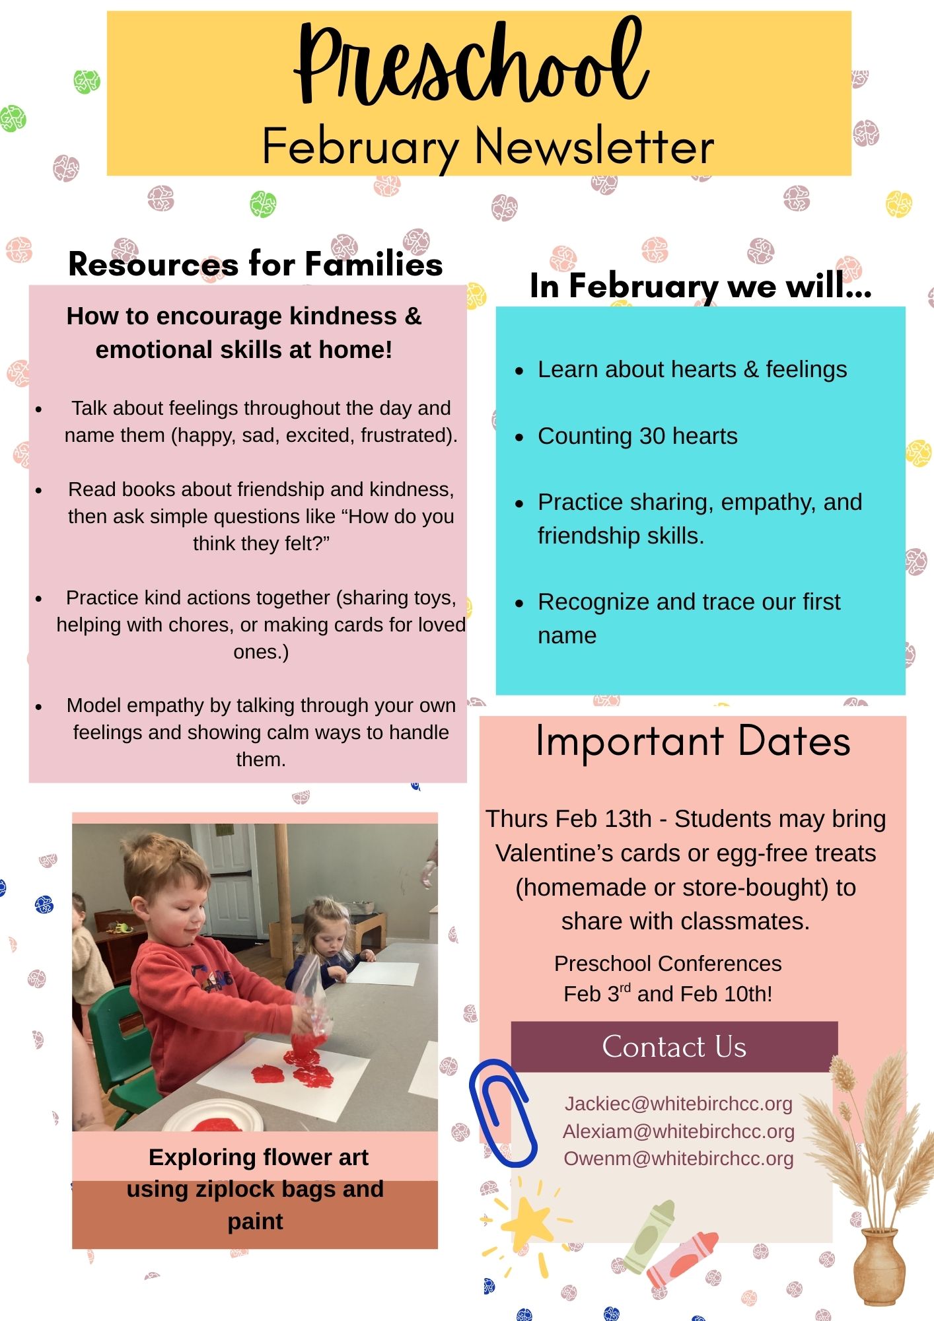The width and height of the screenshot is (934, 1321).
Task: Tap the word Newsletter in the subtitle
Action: [594, 147]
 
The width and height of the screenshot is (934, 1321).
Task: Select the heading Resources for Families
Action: [256, 264]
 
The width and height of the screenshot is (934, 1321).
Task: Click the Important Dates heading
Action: [693, 741]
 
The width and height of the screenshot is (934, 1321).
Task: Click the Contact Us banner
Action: [674, 1046]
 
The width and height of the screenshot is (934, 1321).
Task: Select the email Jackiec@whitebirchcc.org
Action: [678, 1104]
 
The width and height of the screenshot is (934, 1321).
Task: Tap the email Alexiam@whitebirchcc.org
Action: [678, 1131]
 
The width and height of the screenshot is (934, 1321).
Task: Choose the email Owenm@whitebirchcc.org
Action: [678, 1159]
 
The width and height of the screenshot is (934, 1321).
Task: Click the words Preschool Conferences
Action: [668, 964]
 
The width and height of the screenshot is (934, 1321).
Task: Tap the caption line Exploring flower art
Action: [258, 1157]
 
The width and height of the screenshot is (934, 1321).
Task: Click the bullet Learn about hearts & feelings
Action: [692, 370]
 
